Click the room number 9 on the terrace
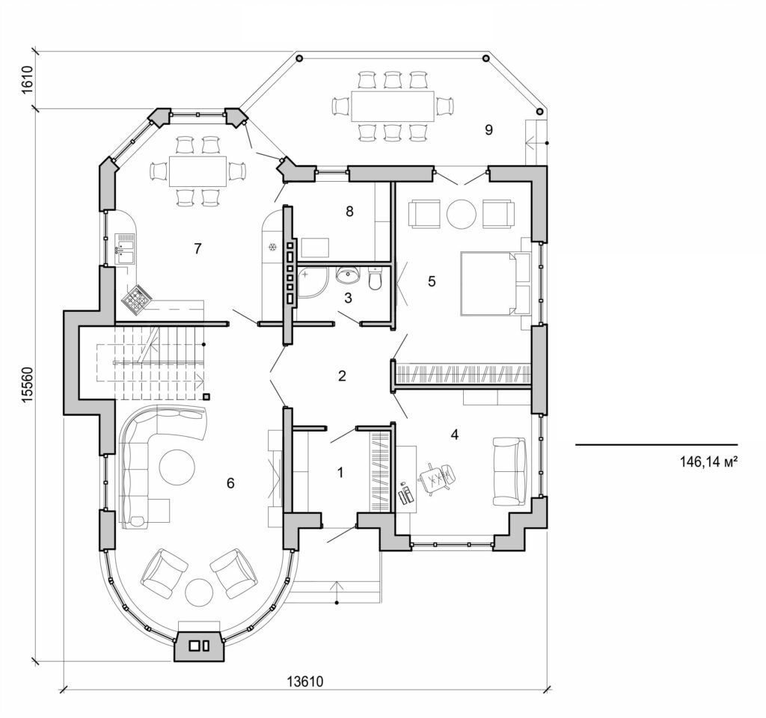pos(488,130)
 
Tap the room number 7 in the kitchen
pos(197,249)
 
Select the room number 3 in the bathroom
pos(347,298)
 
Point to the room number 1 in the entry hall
pos(341,473)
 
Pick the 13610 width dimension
pos(304,682)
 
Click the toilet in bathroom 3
pos(376,279)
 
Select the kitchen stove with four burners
pos(137,301)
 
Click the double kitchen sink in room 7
pos(125,249)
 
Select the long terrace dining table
pos(393,105)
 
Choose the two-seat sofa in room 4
pos(510,471)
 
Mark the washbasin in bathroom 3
pos(347,276)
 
